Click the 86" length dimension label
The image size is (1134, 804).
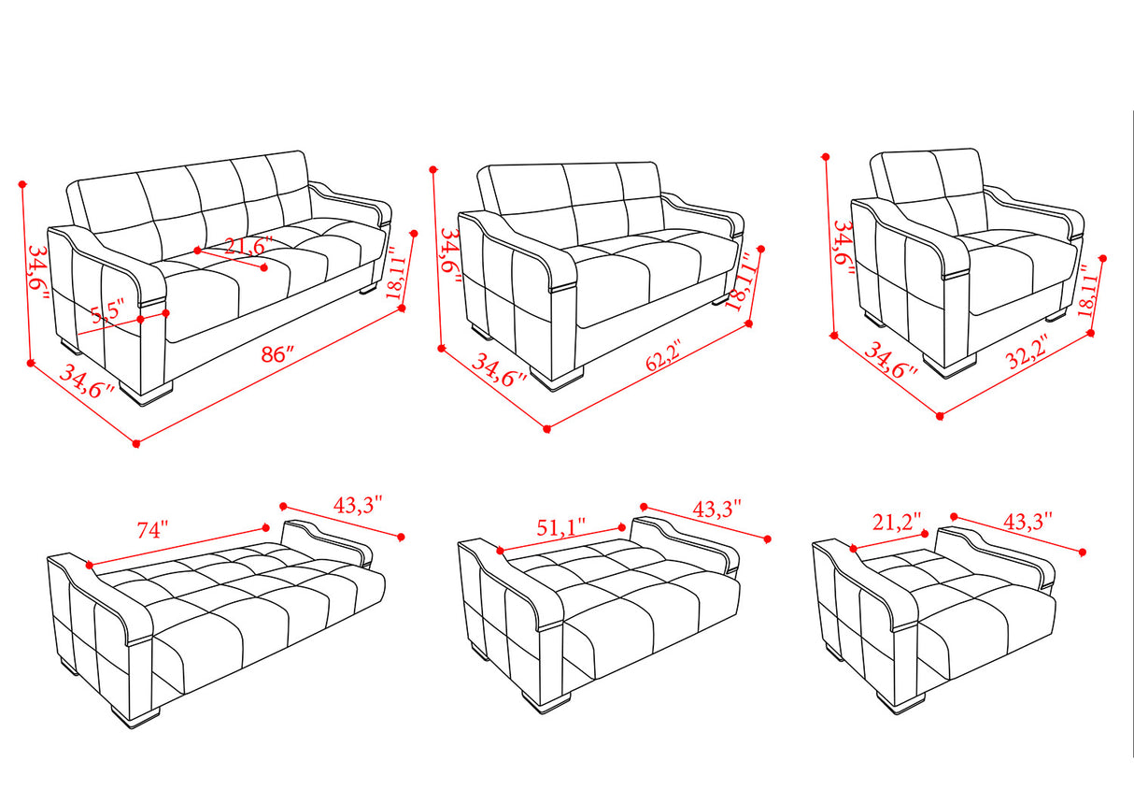coord(277,355)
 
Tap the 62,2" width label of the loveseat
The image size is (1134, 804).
coord(663,360)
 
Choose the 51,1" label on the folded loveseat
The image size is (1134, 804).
coord(561,524)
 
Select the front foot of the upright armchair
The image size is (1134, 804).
coord(950,364)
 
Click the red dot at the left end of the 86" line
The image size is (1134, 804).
coord(136,443)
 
